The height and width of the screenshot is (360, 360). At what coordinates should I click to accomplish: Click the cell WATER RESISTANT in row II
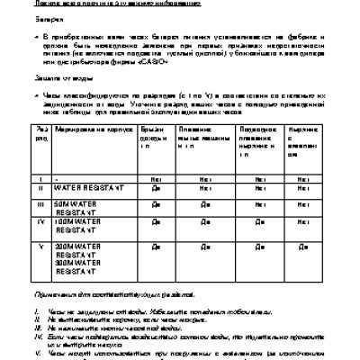click(x=87, y=190)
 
